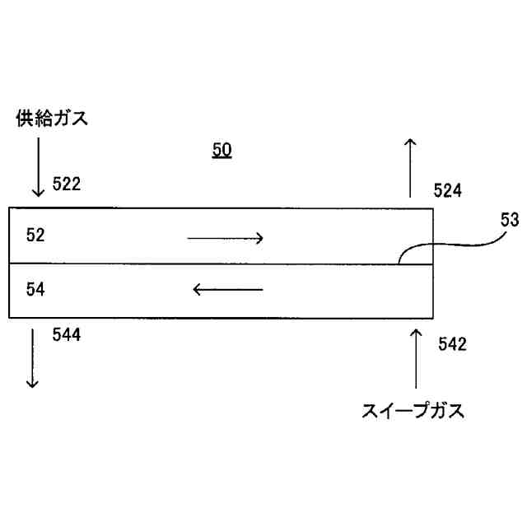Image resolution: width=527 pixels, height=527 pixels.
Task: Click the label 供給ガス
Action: [x=52, y=119]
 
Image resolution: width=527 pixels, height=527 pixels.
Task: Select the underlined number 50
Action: [x=222, y=150]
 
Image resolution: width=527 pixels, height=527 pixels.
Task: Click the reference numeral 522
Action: [x=67, y=184]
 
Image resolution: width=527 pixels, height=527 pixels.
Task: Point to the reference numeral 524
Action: [x=448, y=191]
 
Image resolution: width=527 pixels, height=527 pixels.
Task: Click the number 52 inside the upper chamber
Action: [x=35, y=236]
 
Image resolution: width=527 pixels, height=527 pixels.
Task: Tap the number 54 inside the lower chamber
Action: [x=35, y=289]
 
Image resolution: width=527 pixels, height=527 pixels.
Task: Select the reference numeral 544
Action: [x=67, y=334]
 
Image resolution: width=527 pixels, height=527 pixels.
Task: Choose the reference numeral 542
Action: [x=452, y=345]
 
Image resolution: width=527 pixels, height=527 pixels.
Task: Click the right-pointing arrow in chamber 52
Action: [x=225, y=239]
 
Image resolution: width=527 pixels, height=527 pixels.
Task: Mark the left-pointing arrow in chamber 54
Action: [x=227, y=289]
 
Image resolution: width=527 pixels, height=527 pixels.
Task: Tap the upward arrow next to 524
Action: [x=410, y=169]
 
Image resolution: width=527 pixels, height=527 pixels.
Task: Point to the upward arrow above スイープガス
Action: [x=416, y=357]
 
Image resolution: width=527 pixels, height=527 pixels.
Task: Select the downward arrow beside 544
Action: [x=33, y=357]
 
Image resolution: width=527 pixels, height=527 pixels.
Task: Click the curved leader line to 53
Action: [x=449, y=245]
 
